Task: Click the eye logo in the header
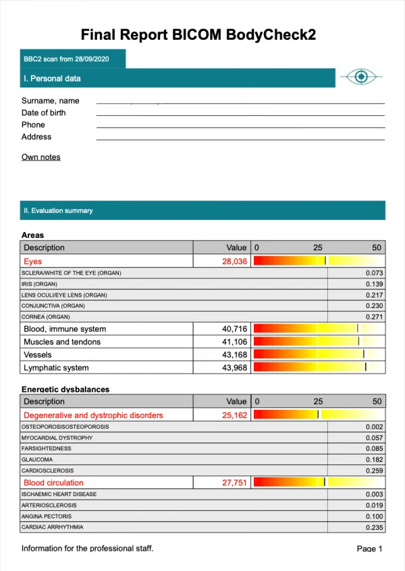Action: click(x=361, y=77)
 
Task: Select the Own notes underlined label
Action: click(x=40, y=157)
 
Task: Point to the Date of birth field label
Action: click(x=43, y=113)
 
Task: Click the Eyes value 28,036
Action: click(x=234, y=261)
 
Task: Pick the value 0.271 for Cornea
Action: click(x=374, y=316)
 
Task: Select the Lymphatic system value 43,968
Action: click(x=234, y=367)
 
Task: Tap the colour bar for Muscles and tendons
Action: click(x=317, y=342)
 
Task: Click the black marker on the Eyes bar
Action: click(x=325, y=261)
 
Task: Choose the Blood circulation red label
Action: click(x=53, y=483)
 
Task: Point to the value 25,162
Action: click(x=234, y=415)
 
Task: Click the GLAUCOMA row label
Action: click(x=37, y=459)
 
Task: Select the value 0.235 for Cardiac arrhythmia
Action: click(x=374, y=527)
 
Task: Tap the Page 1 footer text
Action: click(x=369, y=549)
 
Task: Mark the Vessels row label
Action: click(x=38, y=355)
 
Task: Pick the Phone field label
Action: click(x=33, y=125)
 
